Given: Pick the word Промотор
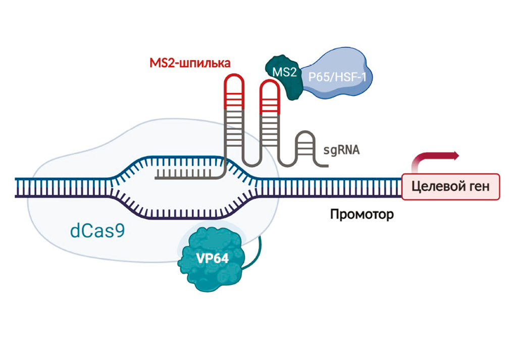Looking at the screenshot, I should [x=362, y=215].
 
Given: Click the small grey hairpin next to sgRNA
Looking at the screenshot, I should [x=307, y=146].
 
